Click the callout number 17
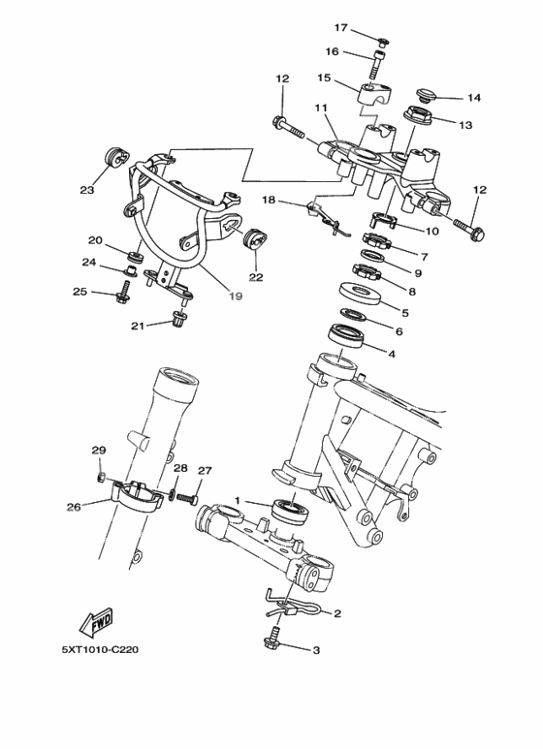pos(341,27)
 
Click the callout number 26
pos(73,505)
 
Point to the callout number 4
pos(392,355)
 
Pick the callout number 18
pos(270,200)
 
